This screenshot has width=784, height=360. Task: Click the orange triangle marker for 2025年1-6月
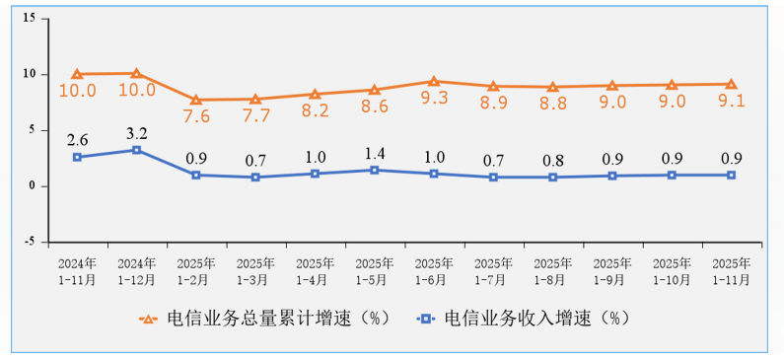434,81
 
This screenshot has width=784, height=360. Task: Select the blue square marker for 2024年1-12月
137,150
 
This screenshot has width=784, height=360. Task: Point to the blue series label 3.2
137,131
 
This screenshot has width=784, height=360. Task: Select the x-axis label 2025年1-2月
196,271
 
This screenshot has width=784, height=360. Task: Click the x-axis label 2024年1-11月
77,271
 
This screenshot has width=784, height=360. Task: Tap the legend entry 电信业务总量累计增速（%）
266,319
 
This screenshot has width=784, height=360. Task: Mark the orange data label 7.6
196,116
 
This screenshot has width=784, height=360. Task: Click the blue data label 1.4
375,154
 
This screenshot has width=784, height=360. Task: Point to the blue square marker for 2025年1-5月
375,171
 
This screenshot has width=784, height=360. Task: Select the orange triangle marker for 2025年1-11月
731,84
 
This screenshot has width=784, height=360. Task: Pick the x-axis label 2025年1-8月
552,271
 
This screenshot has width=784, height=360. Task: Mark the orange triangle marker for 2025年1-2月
196,100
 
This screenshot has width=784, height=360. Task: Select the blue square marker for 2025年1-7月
493,178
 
